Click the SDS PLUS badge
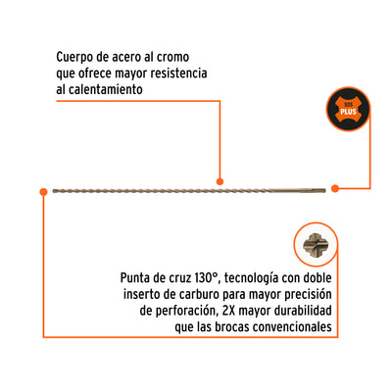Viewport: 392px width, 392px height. (348, 109)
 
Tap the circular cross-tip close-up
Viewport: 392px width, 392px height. (316, 244)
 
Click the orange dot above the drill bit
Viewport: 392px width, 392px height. (220, 181)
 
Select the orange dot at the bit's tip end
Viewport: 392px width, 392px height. (43, 192)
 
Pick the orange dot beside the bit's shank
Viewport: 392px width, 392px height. (334, 188)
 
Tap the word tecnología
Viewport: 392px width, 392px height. (252, 278)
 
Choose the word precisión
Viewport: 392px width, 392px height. (308, 295)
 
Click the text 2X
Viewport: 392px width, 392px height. (229, 311)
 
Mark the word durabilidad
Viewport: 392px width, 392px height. (303, 311)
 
